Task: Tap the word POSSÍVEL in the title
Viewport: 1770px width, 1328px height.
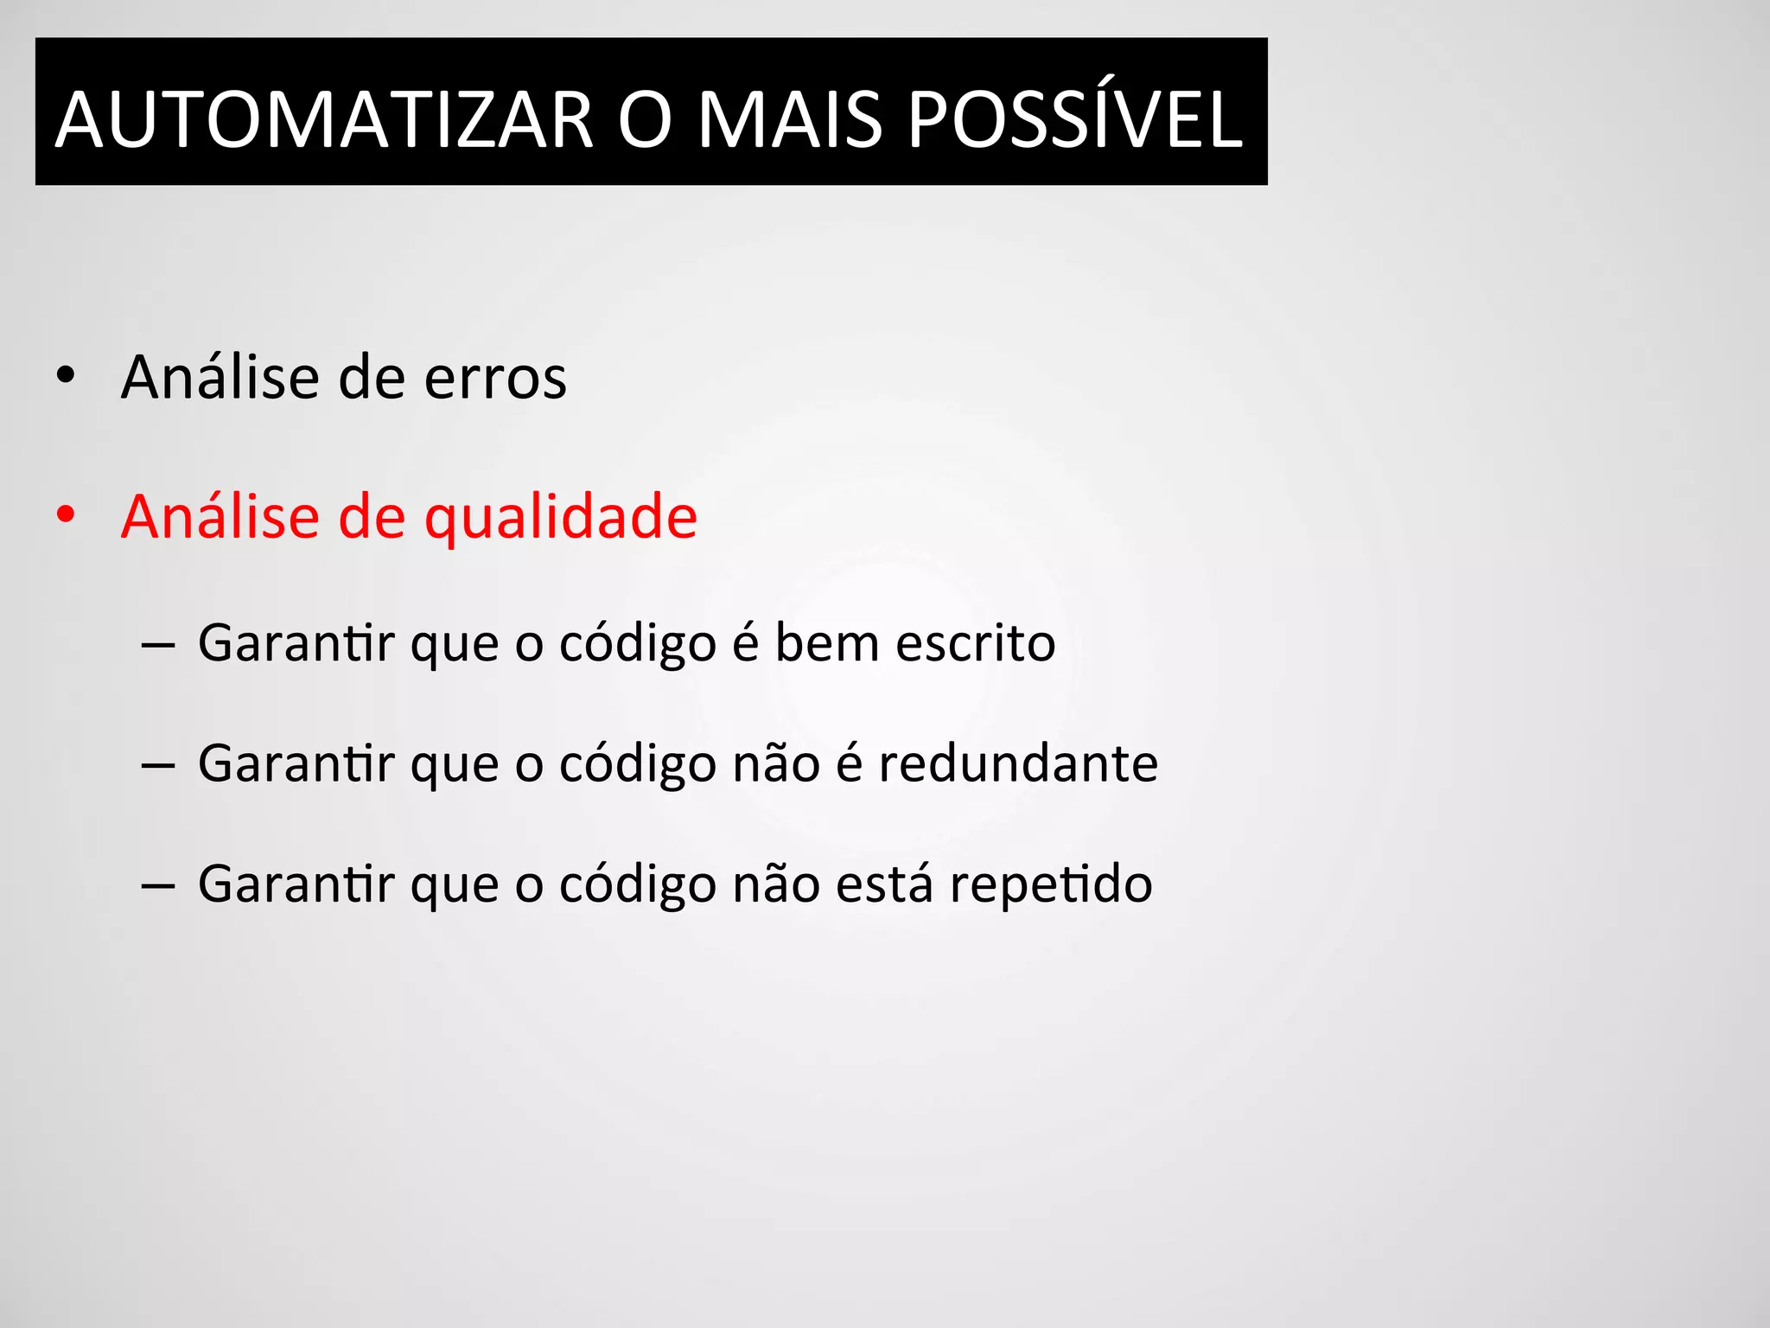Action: (1075, 119)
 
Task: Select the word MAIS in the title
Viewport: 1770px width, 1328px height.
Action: (789, 119)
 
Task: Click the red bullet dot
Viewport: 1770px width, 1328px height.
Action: (65, 515)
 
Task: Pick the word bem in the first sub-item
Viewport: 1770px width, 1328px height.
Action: (826, 643)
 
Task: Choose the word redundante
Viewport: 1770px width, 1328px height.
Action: (1018, 763)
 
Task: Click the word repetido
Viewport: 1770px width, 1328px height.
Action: (1051, 884)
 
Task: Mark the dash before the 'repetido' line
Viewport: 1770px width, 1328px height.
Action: (157, 886)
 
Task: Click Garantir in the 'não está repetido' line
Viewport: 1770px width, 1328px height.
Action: (296, 884)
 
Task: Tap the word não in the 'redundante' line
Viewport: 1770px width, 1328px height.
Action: (775, 763)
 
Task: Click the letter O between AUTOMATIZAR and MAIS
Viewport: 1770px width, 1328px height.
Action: (645, 119)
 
